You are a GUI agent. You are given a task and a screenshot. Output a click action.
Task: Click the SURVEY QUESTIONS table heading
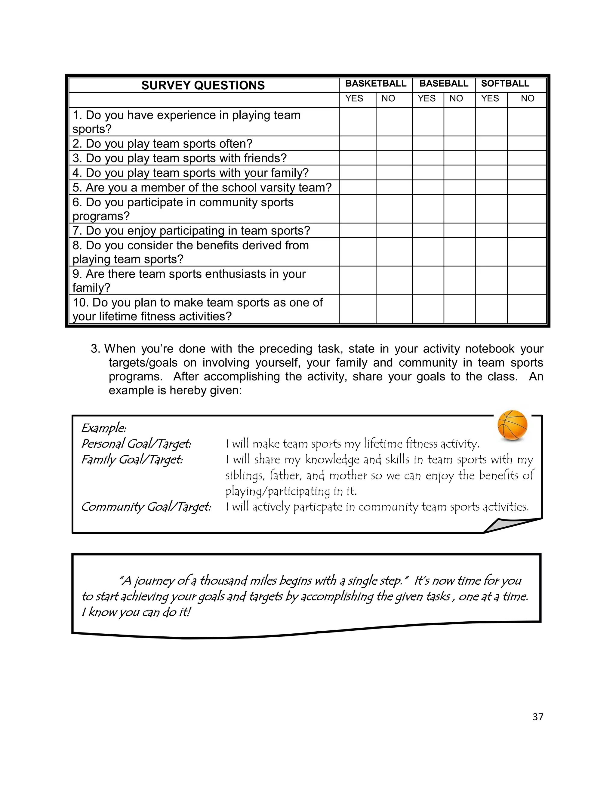click(203, 85)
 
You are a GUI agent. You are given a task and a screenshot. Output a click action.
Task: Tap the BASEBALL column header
click(443, 84)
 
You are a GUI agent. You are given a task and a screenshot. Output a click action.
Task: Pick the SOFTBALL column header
click(505, 84)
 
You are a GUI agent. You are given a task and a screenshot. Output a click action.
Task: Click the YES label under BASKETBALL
click(354, 99)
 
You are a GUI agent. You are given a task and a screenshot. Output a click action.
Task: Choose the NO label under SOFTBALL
click(527, 99)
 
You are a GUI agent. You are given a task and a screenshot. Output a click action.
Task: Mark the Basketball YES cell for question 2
click(358, 143)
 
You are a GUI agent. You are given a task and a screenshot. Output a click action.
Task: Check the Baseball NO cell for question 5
click(460, 187)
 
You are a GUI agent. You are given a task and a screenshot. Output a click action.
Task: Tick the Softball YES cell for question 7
click(491, 231)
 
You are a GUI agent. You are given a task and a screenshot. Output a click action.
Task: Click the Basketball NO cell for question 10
click(394, 309)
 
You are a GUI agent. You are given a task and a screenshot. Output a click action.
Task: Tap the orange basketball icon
click(512, 426)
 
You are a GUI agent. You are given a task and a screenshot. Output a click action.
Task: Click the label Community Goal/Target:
click(146, 507)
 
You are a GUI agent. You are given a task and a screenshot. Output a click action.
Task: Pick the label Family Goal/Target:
click(132, 460)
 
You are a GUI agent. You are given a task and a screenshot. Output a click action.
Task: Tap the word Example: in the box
click(104, 428)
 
